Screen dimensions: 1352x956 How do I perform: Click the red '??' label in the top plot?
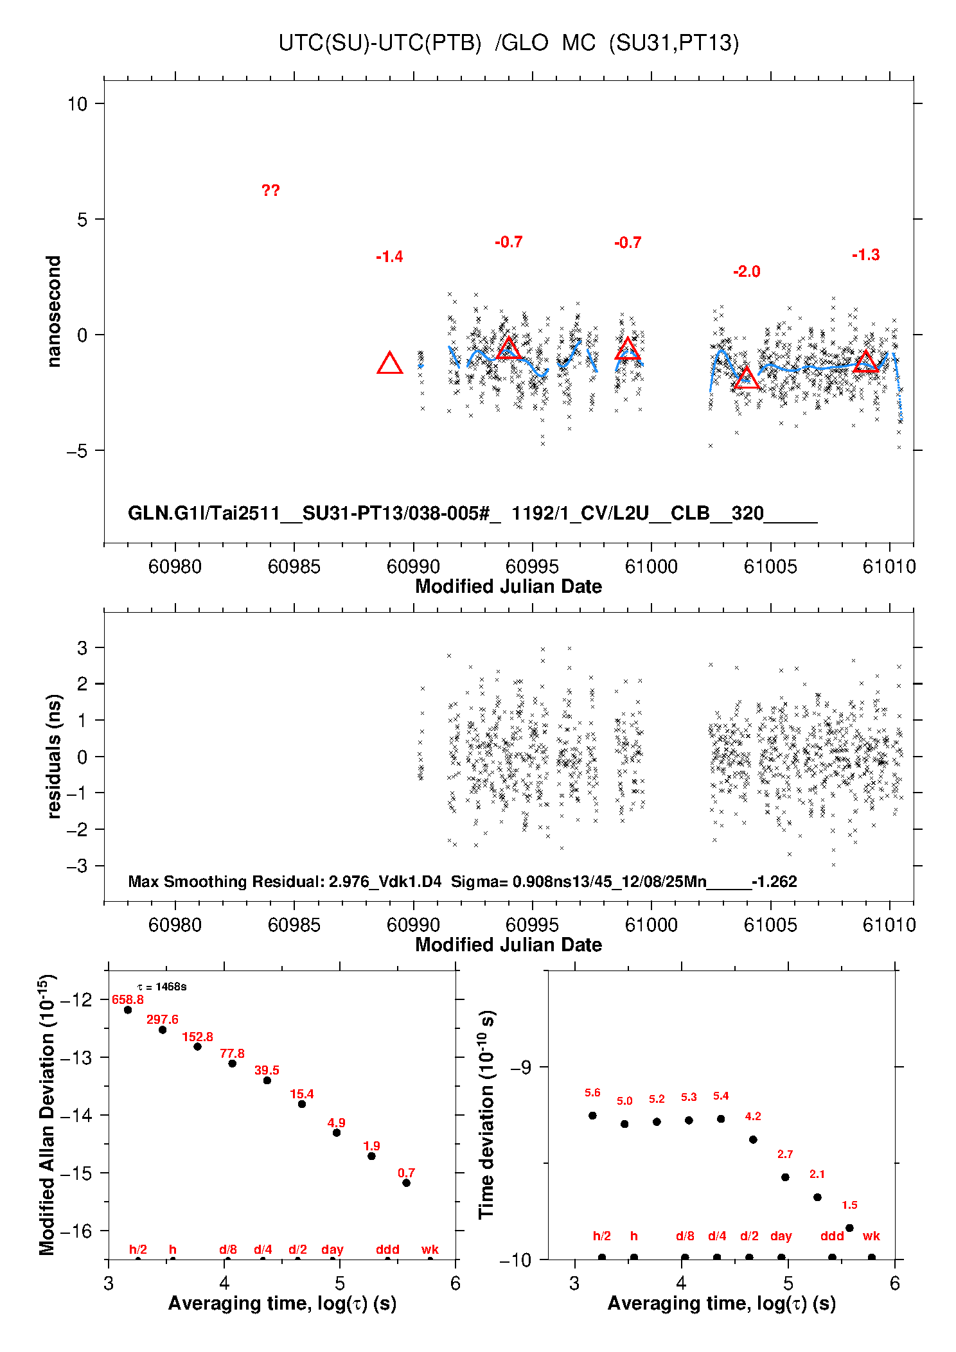point(270,191)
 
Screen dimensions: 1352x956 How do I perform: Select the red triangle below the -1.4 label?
point(389,364)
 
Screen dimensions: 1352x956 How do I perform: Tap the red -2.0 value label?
point(747,272)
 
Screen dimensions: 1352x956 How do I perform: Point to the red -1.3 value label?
point(865,255)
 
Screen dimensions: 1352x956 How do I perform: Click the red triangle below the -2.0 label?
point(747,379)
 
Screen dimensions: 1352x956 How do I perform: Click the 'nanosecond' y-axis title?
point(54,312)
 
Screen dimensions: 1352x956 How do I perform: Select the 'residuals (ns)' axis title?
point(54,756)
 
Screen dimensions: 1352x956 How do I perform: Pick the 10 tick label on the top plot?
point(77,104)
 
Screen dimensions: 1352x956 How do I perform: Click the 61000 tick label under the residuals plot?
point(651,925)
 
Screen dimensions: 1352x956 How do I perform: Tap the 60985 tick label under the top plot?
point(294,566)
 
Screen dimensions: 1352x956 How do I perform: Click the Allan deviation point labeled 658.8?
point(128,1010)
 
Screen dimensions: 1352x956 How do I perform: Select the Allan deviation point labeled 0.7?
point(406,1182)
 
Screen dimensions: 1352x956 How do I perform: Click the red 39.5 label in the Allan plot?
point(267,1070)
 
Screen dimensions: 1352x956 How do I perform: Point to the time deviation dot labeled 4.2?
point(753,1139)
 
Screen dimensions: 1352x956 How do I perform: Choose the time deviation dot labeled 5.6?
point(592,1115)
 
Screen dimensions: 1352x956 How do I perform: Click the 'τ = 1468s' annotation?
point(162,987)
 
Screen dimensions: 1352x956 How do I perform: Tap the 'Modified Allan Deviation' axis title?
point(47,1114)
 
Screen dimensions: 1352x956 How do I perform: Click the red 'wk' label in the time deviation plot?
point(871,1236)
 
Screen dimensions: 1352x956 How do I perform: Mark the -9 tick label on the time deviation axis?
point(520,1067)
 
